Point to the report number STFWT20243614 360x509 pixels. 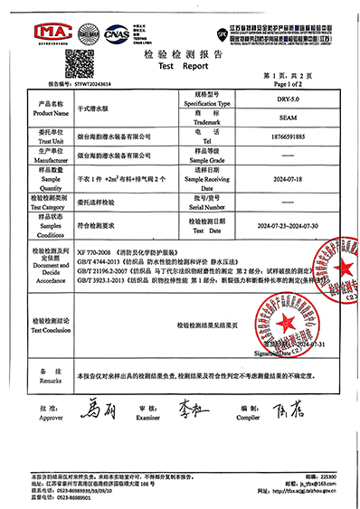[87, 81]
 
